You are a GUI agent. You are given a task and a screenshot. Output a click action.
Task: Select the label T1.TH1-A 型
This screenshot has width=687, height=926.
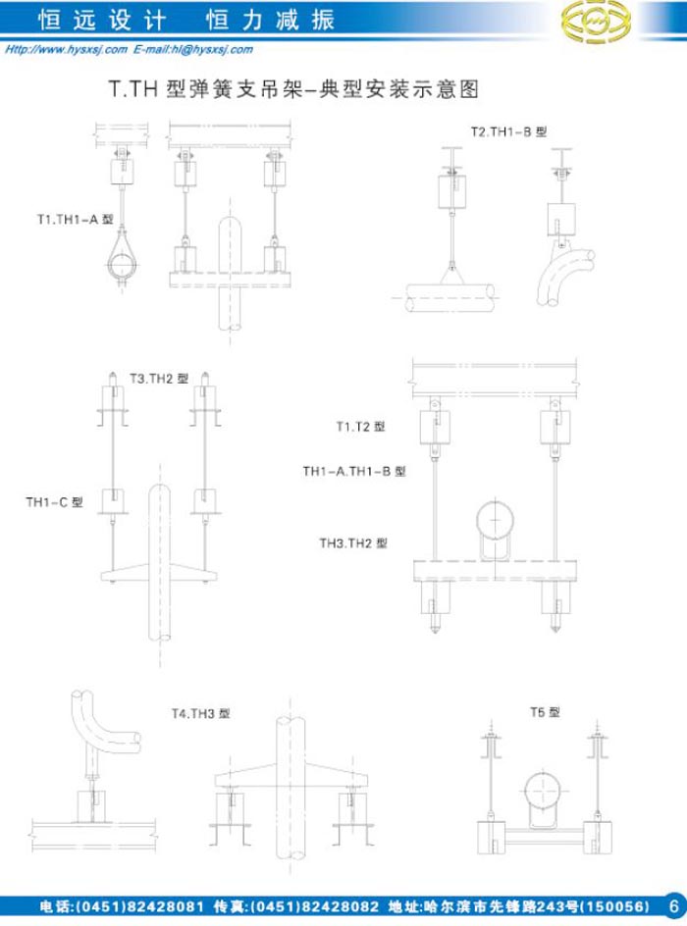(x=75, y=220)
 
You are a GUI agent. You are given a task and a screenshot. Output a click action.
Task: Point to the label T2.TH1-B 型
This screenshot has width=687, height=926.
(x=508, y=131)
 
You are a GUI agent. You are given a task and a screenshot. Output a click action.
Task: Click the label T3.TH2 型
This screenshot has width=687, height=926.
(x=159, y=379)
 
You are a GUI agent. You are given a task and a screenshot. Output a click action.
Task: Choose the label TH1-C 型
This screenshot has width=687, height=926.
(x=54, y=502)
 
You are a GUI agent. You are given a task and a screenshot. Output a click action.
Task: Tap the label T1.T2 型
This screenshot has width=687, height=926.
(x=360, y=427)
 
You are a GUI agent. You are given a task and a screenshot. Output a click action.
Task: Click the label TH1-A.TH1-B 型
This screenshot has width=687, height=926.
(x=354, y=471)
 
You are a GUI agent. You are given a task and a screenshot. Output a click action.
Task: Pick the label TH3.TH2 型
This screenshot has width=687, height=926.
(x=353, y=543)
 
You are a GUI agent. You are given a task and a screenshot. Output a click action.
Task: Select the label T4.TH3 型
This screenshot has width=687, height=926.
(x=200, y=713)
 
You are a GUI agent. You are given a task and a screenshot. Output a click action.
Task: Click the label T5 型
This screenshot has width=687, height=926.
(x=545, y=712)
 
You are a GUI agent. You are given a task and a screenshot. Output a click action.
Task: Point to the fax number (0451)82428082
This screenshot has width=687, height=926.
(x=315, y=906)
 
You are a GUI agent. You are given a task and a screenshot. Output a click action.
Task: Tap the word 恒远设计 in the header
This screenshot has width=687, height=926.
(x=102, y=20)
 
